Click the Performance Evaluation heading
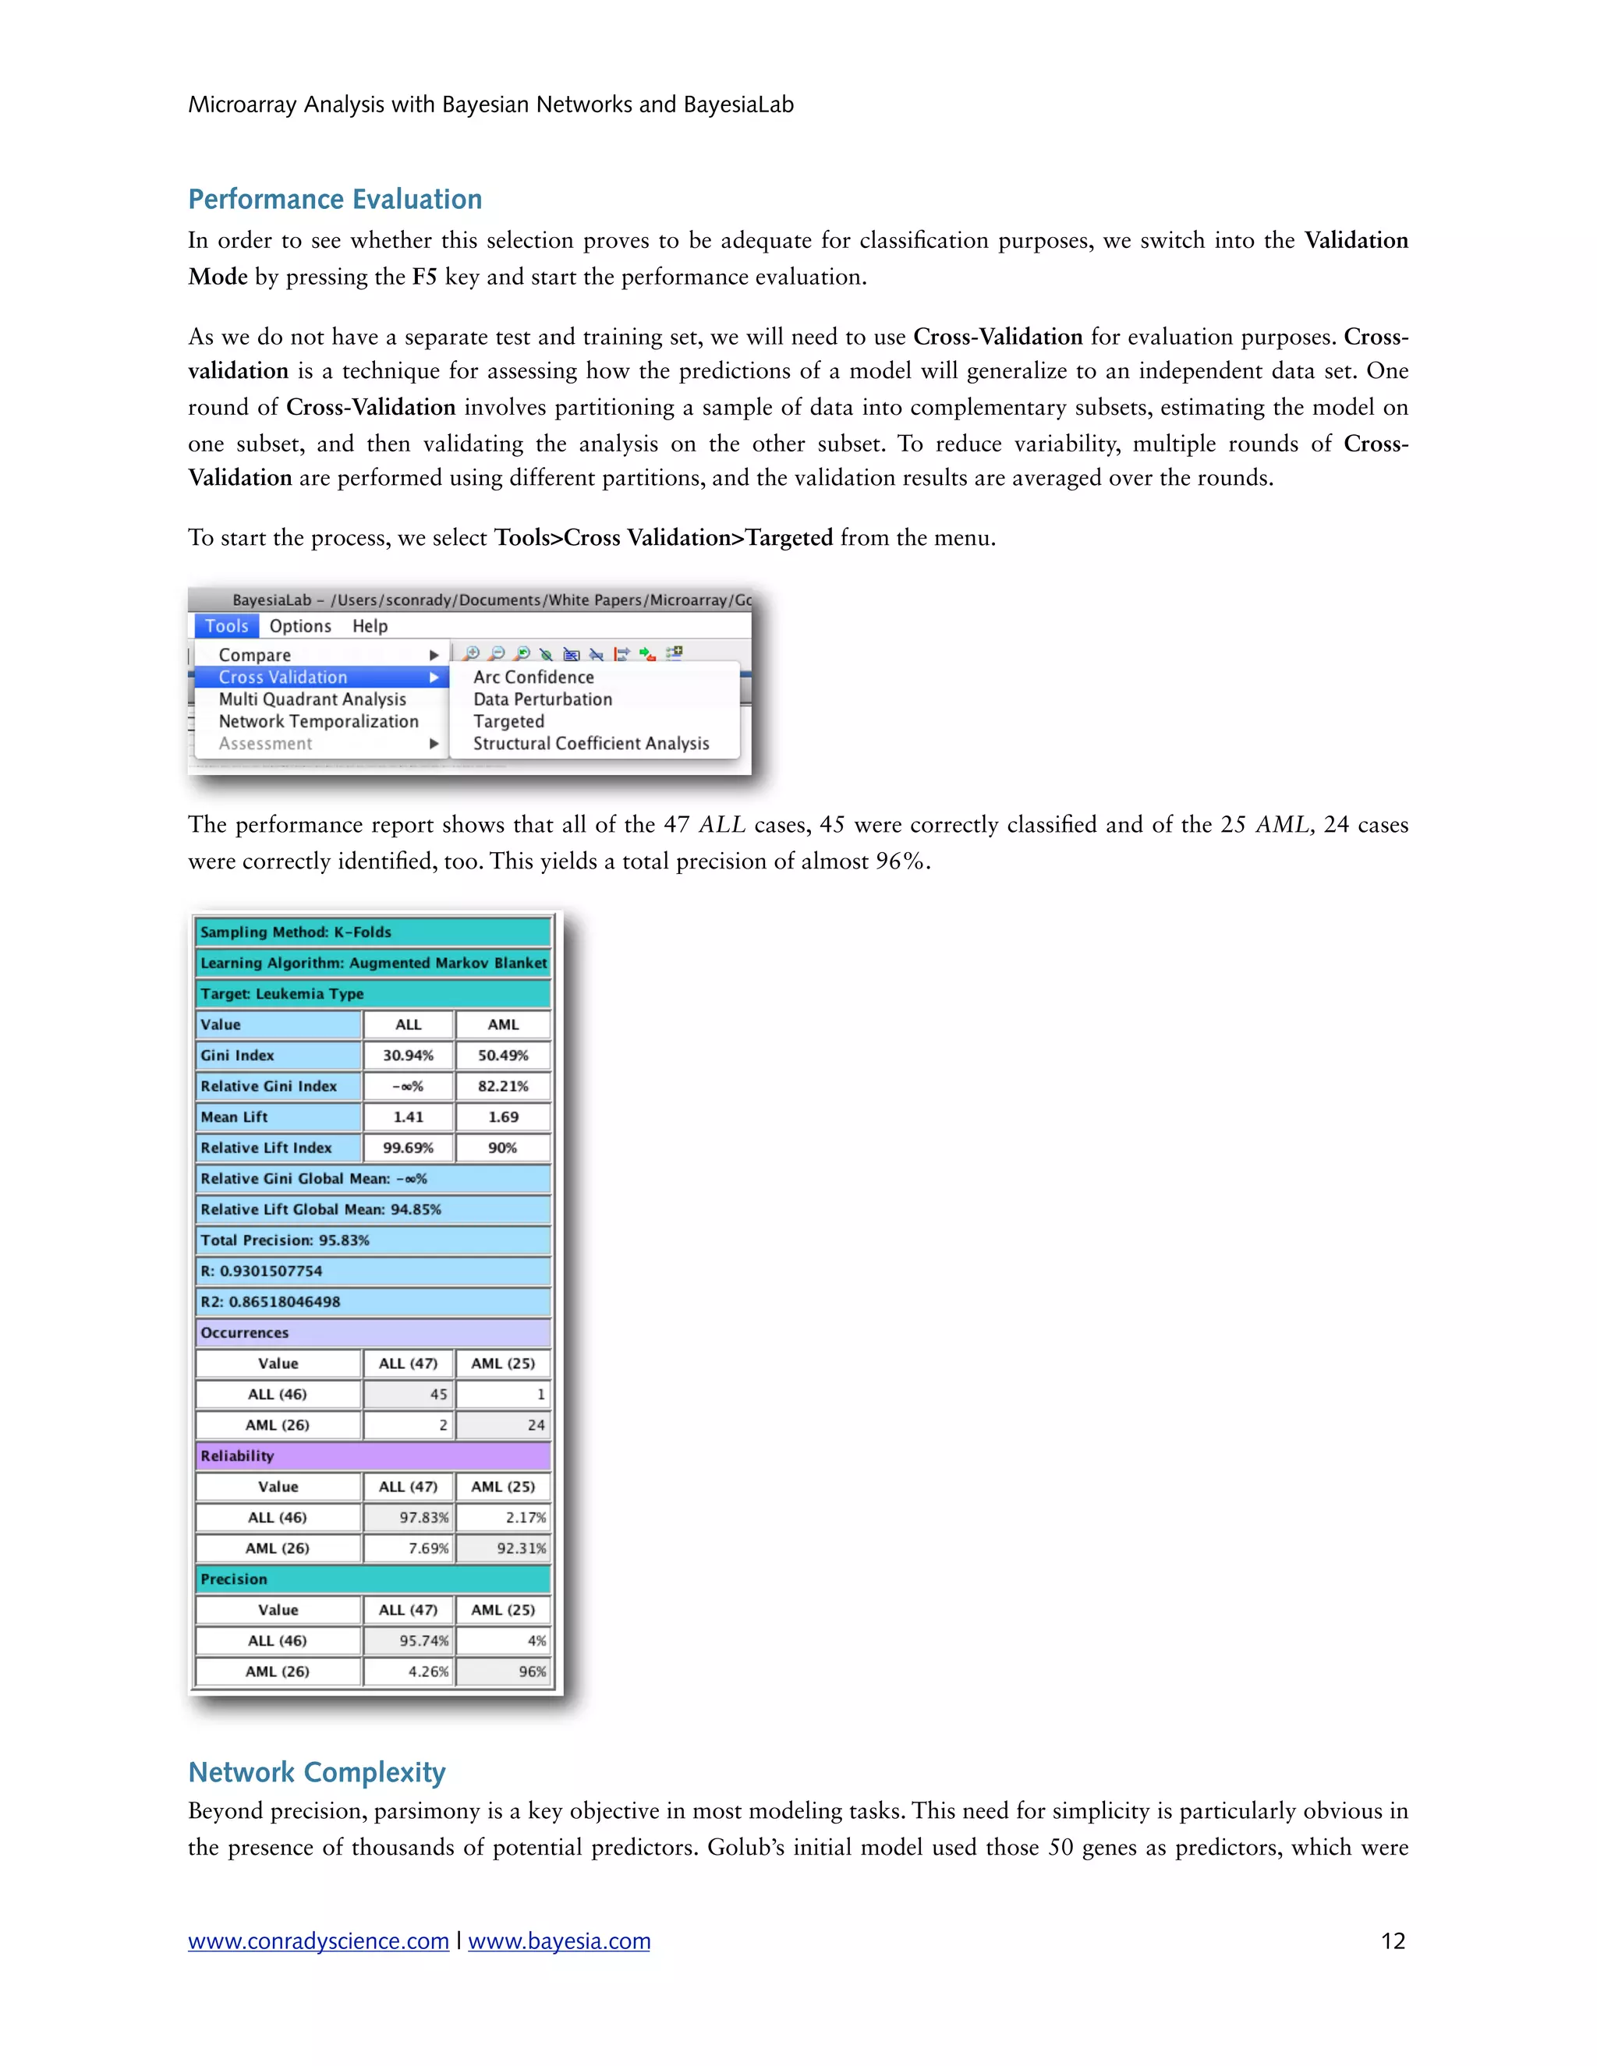(335, 200)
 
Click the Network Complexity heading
(317, 1772)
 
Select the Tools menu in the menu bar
(226, 626)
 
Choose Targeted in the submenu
(509, 722)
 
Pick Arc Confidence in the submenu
(533, 677)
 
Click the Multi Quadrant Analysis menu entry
(312, 699)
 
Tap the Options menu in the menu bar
(300, 626)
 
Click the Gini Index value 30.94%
(408, 1056)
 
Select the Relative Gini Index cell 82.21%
(502, 1086)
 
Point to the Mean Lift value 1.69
(502, 1117)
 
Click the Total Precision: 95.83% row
(373, 1240)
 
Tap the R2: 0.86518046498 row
(373, 1302)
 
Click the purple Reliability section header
(373, 1456)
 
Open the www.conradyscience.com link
(318, 1941)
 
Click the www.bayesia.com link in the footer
(559, 1941)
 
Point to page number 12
(1393, 1941)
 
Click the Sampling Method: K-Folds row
(373, 932)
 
